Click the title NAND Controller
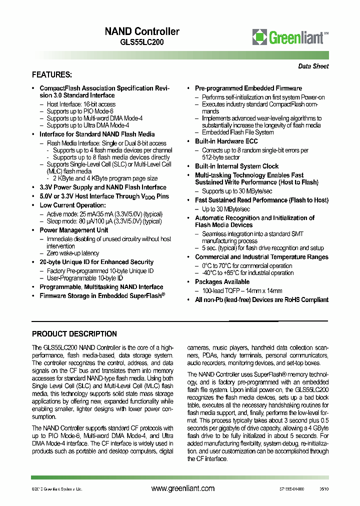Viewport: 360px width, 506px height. [x=141, y=31]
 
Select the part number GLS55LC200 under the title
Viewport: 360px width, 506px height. [x=141, y=42]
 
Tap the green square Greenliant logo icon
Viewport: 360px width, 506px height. [x=259, y=37]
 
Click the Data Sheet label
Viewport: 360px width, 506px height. [x=313, y=66]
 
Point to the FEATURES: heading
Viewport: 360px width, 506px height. [x=52, y=75]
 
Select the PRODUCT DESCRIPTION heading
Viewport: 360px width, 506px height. [x=74, y=334]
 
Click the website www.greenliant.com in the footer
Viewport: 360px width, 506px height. [x=182, y=488]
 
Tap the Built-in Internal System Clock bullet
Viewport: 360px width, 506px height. [x=236, y=166]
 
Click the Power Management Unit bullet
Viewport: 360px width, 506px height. [x=73, y=230]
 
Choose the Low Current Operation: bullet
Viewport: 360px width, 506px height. [x=72, y=205]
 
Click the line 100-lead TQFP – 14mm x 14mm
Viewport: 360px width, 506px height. [x=241, y=290]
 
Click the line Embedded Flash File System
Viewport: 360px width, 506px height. [x=237, y=132]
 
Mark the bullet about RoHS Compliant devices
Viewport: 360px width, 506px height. [x=261, y=299]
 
